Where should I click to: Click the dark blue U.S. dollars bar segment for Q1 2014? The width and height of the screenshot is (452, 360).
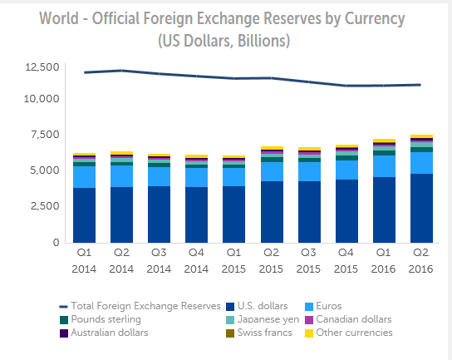(84, 215)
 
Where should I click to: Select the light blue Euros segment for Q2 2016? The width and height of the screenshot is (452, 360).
(421, 163)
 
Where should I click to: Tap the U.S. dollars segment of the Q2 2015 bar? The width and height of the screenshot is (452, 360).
(272, 212)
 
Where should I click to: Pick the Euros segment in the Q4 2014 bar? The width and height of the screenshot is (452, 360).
(196, 177)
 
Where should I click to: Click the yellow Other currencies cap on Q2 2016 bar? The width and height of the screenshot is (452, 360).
(421, 136)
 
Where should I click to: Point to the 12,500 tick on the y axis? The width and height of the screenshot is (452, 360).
(42, 67)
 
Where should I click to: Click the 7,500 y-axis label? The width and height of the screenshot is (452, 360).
(45, 135)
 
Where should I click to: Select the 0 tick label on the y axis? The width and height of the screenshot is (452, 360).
(56, 242)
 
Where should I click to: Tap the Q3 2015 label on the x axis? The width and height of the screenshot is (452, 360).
(308, 261)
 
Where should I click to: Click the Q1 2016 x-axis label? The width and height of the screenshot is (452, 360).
(383, 261)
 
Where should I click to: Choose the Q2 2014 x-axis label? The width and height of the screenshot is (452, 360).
(121, 261)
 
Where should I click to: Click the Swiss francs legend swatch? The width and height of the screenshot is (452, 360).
(230, 333)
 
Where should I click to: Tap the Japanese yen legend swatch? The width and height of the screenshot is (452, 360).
(230, 320)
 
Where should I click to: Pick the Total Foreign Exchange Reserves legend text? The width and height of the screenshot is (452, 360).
(146, 306)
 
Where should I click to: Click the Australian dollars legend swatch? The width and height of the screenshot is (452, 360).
(64, 333)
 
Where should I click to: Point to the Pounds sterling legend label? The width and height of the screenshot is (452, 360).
(106, 319)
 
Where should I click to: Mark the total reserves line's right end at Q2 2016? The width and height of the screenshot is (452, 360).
(420, 85)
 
